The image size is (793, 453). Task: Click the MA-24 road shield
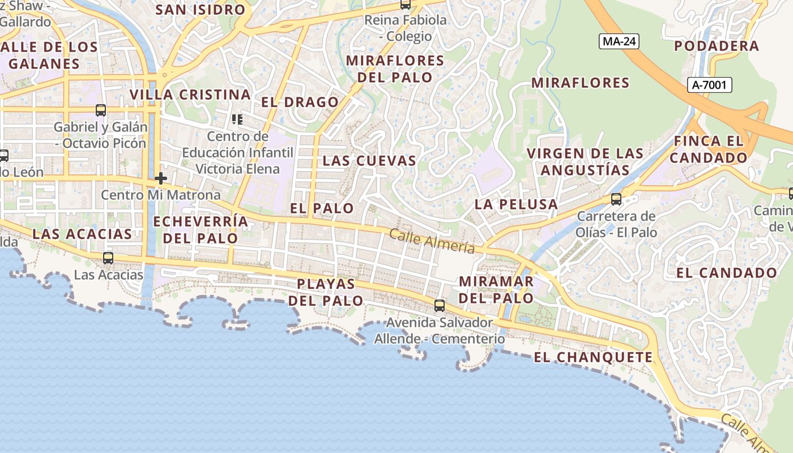pyautogui.click(x=619, y=41)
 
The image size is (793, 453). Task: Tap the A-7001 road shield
pyautogui.click(x=711, y=85)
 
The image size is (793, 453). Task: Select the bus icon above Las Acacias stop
pyautogui.click(x=108, y=258)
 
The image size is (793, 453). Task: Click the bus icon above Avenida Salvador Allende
pyautogui.click(x=439, y=306)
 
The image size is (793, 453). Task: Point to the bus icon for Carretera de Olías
pyautogui.click(x=616, y=199)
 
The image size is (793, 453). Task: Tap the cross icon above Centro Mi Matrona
pyautogui.click(x=161, y=178)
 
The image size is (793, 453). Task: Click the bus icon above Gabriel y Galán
pyautogui.click(x=101, y=110)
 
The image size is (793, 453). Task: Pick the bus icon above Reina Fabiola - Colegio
pyautogui.click(x=406, y=4)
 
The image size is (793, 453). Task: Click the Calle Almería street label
pyautogui.click(x=432, y=241)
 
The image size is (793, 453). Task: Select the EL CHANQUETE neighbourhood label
pyautogui.click(x=593, y=357)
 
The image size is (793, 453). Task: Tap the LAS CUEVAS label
pyautogui.click(x=369, y=161)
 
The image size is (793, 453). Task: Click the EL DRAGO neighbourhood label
pyautogui.click(x=300, y=102)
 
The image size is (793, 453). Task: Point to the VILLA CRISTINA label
pyautogui.click(x=190, y=95)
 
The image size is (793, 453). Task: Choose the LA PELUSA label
pyautogui.click(x=516, y=204)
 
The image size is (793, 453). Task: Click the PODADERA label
pyautogui.click(x=717, y=46)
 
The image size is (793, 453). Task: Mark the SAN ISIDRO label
pyautogui.click(x=200, y=10)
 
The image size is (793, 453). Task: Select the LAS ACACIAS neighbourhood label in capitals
pyautogui.click(x=82, y=234)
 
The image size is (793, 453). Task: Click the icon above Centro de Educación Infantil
pyautogui.click(x=237, y=119)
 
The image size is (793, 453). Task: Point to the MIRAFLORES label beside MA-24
pyautogui.click(x=580, y=83)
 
